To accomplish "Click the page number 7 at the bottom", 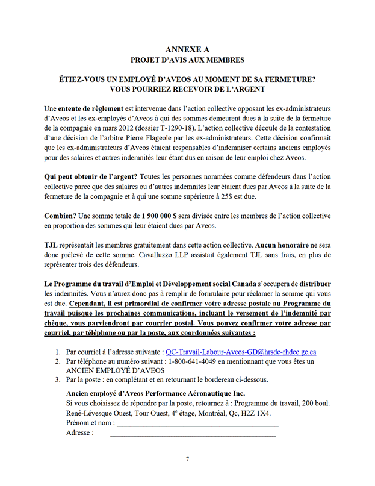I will (187, 460).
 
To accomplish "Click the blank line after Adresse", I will (193, 433).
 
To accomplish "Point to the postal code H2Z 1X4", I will (266, 413).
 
